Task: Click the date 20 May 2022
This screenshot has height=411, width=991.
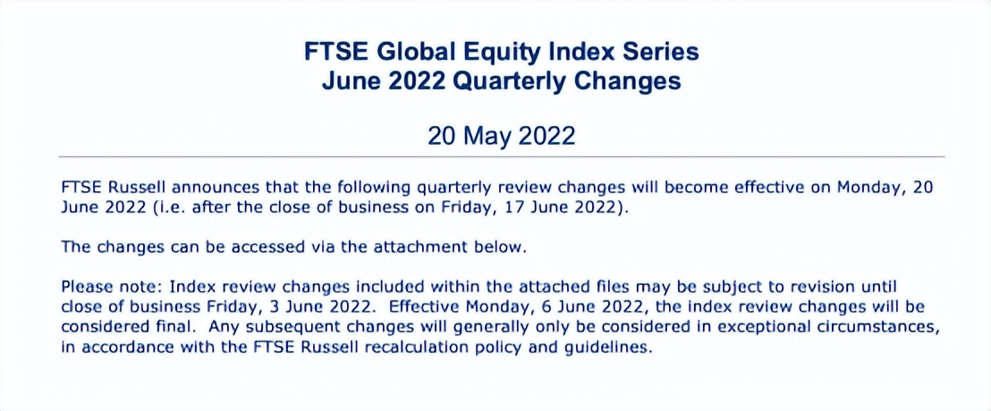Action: click(x=501, y=136)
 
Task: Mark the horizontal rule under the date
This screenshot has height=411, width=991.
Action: click(x=501, y=156)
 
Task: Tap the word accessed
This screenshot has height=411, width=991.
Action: click(x=276, y=247)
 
